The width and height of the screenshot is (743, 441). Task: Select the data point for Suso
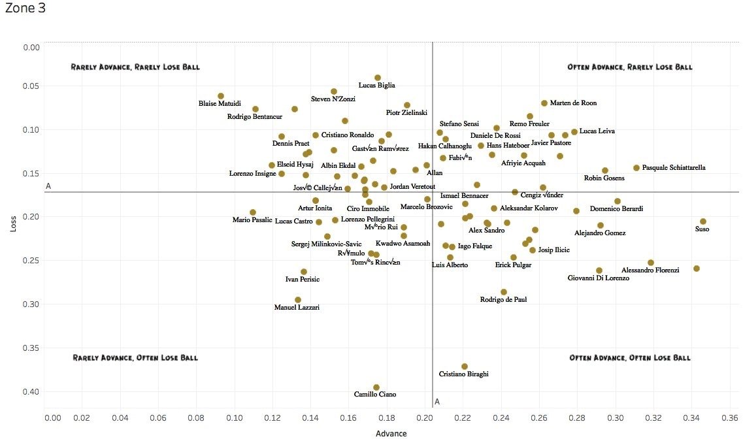[x=703, y=221]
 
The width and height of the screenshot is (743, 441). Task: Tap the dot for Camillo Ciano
[x=376, y=387]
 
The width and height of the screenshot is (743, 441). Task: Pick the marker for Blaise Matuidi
[x=221, y=96]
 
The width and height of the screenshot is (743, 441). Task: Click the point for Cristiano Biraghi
[x=465, y=367]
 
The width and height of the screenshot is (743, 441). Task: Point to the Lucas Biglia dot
[x=378, y=78]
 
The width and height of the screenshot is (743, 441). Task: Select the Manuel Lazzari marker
[x=298, y=300]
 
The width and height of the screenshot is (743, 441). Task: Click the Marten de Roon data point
[x=544, y=103]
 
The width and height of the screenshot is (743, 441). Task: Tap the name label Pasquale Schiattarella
[x=674, y=168]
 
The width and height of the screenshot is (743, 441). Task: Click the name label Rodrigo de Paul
[x=503, y=300]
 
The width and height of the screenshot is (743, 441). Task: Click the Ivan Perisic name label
[x=303, y=280]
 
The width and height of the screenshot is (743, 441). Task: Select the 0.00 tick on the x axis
[x=52, y=417]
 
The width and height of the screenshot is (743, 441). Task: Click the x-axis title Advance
[x=391, y=433]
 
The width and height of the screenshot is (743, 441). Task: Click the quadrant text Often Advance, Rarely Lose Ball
[x=630, y=67]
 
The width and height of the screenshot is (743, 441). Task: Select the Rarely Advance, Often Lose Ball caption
[x=135, y=358]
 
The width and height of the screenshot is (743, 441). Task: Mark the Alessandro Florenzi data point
[x=651, y=263]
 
